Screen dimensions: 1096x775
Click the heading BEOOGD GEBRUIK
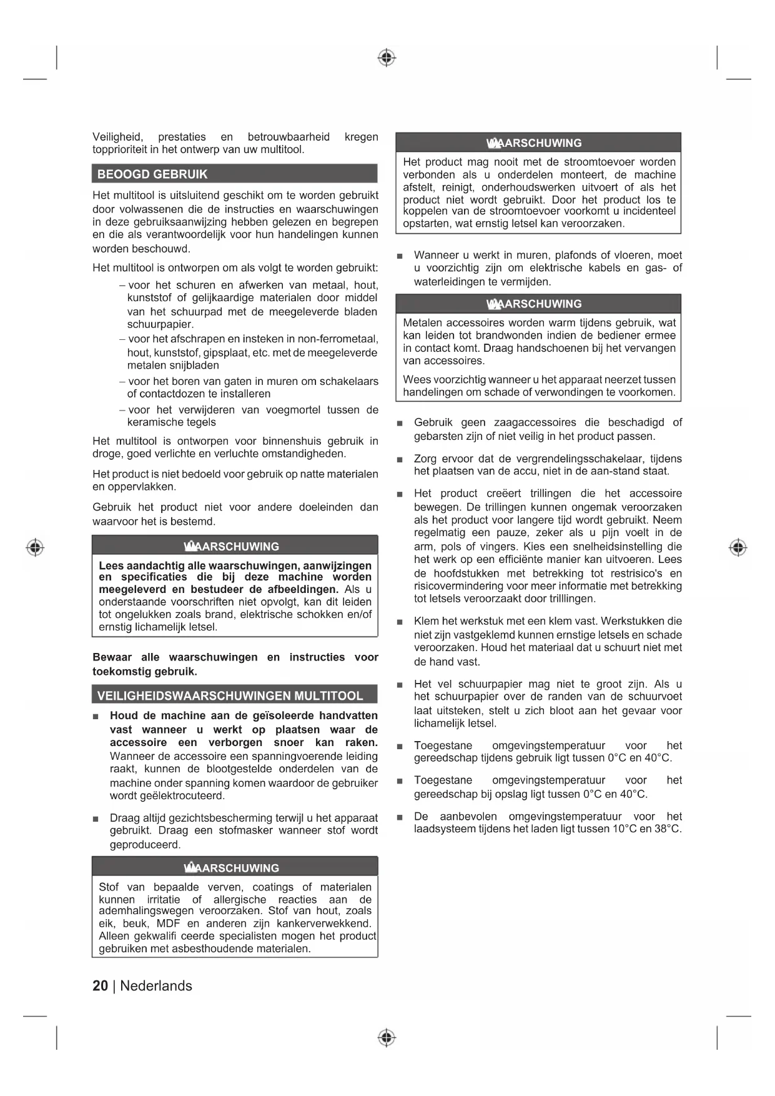coord(152,174)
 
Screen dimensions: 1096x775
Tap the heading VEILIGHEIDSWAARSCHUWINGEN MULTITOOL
coord(230,696)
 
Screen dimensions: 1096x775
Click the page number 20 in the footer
coord(100,986)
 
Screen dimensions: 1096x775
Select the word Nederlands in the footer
coord(156,986)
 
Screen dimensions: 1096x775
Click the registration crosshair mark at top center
coord(387,58)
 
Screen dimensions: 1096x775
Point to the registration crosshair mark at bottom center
coord(387,1038)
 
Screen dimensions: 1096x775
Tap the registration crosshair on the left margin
coord(35,547)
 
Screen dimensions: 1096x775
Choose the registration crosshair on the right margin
coord(738,547)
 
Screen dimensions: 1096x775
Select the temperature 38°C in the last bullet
coord(665,829)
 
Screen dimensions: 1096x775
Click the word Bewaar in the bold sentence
coord(112,657)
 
